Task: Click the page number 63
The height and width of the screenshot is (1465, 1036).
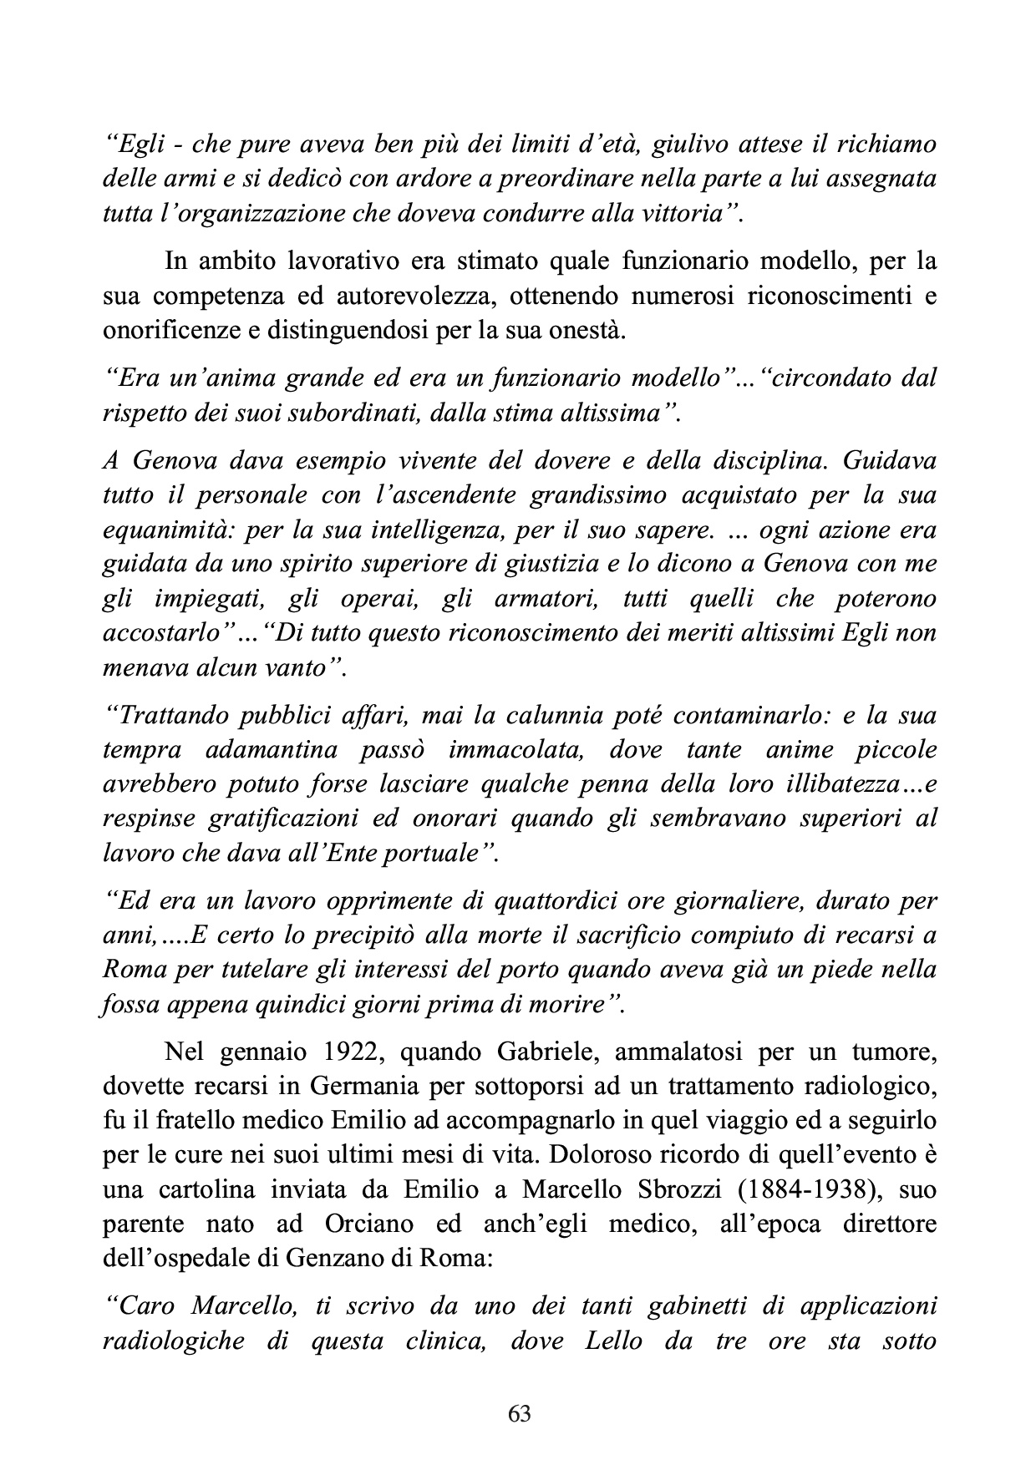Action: click(x=519, y=1413)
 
